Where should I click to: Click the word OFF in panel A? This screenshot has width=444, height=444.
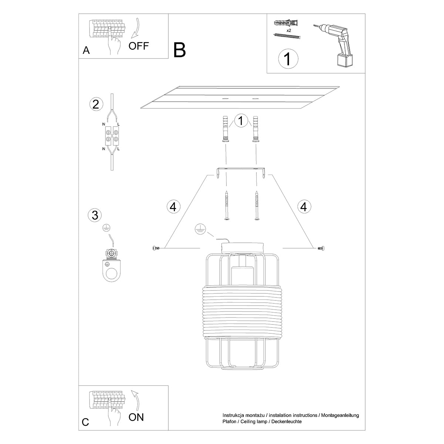click(x=138, y=46)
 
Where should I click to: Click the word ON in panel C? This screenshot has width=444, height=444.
click(x=136, y=417)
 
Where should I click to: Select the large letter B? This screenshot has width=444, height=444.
click(x=179, y=50)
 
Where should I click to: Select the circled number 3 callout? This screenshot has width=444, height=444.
click(x=95, y=215)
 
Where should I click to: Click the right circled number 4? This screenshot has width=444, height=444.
click(x=303, y=206)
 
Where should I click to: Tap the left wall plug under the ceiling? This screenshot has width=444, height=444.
click(x=225, y=128)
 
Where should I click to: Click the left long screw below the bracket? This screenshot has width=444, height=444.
click(x=226, y=206)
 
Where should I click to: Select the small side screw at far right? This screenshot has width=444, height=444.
click(x=320, y=248)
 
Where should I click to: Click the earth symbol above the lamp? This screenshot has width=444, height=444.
click(x=199, y=229)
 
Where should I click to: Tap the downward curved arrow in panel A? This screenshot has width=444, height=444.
click(x=135, y=27)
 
